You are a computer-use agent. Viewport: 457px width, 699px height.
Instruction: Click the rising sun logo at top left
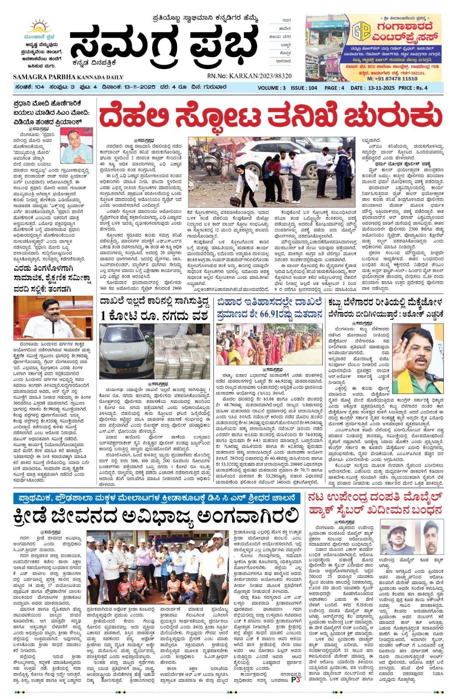coord(38,26)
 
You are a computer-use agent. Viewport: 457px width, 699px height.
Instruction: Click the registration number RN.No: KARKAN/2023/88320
coord(249,76)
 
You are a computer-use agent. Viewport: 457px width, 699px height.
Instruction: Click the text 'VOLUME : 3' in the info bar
coord(272,88)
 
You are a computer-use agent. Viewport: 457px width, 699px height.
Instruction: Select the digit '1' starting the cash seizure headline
coord(103,315)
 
